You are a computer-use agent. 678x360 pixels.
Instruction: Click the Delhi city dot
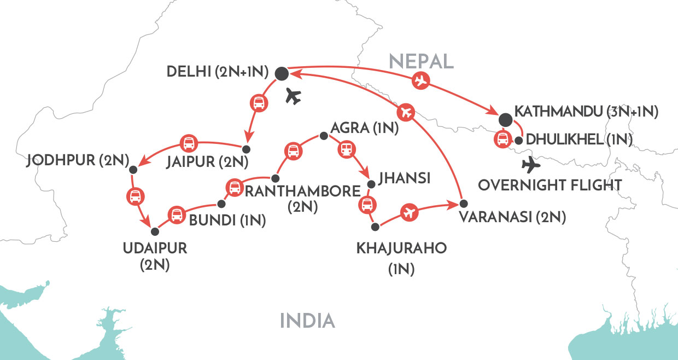[282, 73]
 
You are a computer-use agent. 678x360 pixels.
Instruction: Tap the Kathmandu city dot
[505, 119]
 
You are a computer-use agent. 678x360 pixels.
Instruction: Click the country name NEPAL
[421, 61]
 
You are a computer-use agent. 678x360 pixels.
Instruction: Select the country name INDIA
[307, 321]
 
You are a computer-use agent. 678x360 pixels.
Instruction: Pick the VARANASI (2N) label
[512, 218]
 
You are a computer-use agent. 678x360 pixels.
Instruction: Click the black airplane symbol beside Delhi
[293, 97]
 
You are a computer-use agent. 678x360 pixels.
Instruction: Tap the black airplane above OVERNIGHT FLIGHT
[529, 164]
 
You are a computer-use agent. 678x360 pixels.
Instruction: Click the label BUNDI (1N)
[227, 221]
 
